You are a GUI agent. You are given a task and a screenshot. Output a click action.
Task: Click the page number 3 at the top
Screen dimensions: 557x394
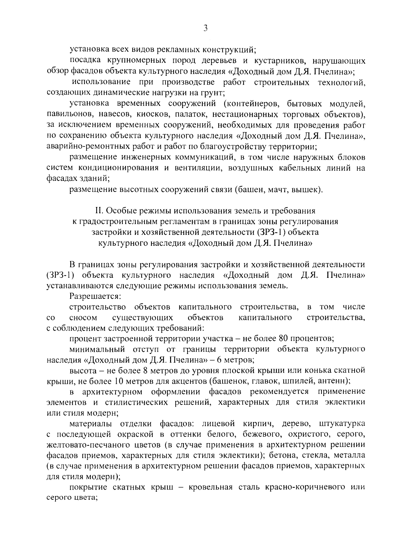pos(206,28)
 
